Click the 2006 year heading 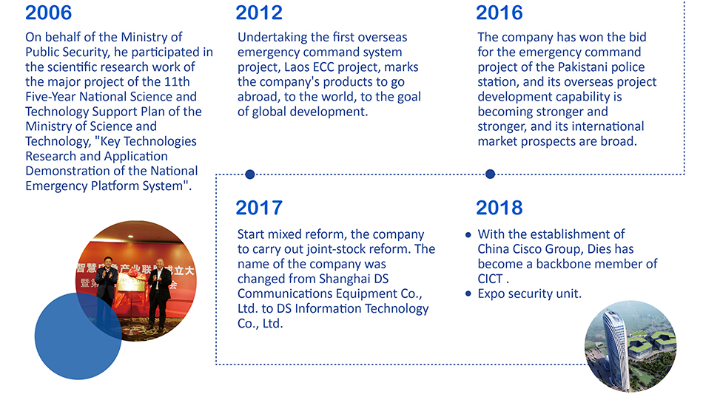pyautogui.click(x=48, y=13)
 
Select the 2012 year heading pyautogui.click(x=259, y=13)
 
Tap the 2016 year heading pyautogui.click(x=499, y=13)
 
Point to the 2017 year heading pyautogui.click(x=259, y=208)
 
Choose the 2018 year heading pyautogui.click(x=499, y=208)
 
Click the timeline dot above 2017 pyautogui.click(x=250, y=174)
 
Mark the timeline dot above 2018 pyautogui.click(x=490, y=174)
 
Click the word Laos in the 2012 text pyautogui.click(x=296, y=67)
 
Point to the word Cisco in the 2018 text pyautogui.click(x=527, y=249)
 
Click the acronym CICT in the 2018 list pyautogui.click(x=490, y=279)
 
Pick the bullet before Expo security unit pyautogui.click(x=468, y=294)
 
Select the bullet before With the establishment pyautogui.click(x=468, y=235)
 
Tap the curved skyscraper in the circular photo pyautogui.click(x=615, y=346)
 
